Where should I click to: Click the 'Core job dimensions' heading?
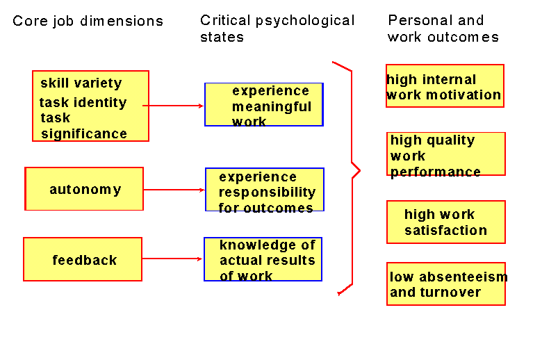[x=88, y=21]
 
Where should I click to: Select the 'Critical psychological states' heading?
[x=277, y=28]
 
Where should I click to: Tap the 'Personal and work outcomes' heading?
[x=443, y=28]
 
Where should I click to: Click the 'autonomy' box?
[x=84, y=189]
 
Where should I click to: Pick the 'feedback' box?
[x=83, y=260]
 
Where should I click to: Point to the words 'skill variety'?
[x=81, y=83]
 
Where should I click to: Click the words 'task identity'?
[x=83, y=103]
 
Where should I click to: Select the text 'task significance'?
[x=83, y=126]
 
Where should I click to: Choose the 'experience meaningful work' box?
[x=264, y=105]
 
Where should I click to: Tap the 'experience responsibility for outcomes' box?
[x=265, y=190]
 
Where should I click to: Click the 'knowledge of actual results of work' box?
[x=263, y=259]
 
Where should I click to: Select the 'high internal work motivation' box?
[x=445, y=87]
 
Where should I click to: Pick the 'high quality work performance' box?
[x=445, y=155]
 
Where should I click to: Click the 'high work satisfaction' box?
[x=445, y=222]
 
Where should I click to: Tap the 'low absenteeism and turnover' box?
[x=445, y=284]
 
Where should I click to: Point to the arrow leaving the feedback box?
[x=172, y=259]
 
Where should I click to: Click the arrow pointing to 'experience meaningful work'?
[x=174, y=106]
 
